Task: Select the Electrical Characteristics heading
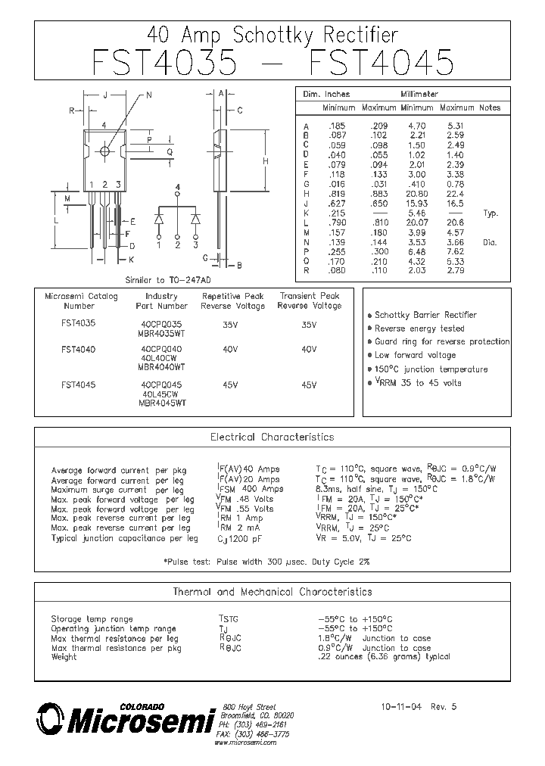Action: (x=272, y=437)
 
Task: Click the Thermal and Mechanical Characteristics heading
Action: (x=272, y=591)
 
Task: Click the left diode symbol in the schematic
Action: (x=160, y=219)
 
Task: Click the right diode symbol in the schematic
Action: (x=195, y=219)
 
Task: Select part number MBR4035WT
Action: (x=161, y=334)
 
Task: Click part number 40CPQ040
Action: (x=161, y=349)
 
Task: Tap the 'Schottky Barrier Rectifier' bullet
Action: (x=425, y=315)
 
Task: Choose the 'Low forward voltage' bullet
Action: (x=415, y=355)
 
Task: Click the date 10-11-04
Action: (x=401, y=707)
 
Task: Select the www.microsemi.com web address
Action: (x=245, y=743)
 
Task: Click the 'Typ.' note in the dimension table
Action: (x=490, y=214)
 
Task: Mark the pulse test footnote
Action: (x=266, y=562)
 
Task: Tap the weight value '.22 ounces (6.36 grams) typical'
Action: (x=385, y=657)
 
